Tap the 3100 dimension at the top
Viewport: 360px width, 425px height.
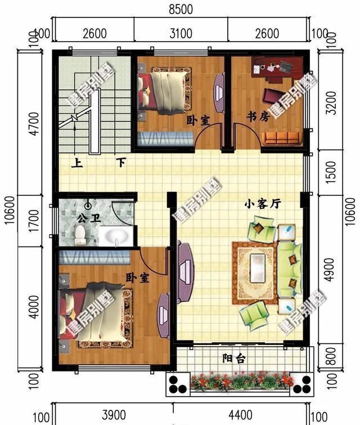click(181, 33)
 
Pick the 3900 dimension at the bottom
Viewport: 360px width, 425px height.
click(112, 416)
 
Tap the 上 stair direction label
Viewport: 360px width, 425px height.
click(75, 164)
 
